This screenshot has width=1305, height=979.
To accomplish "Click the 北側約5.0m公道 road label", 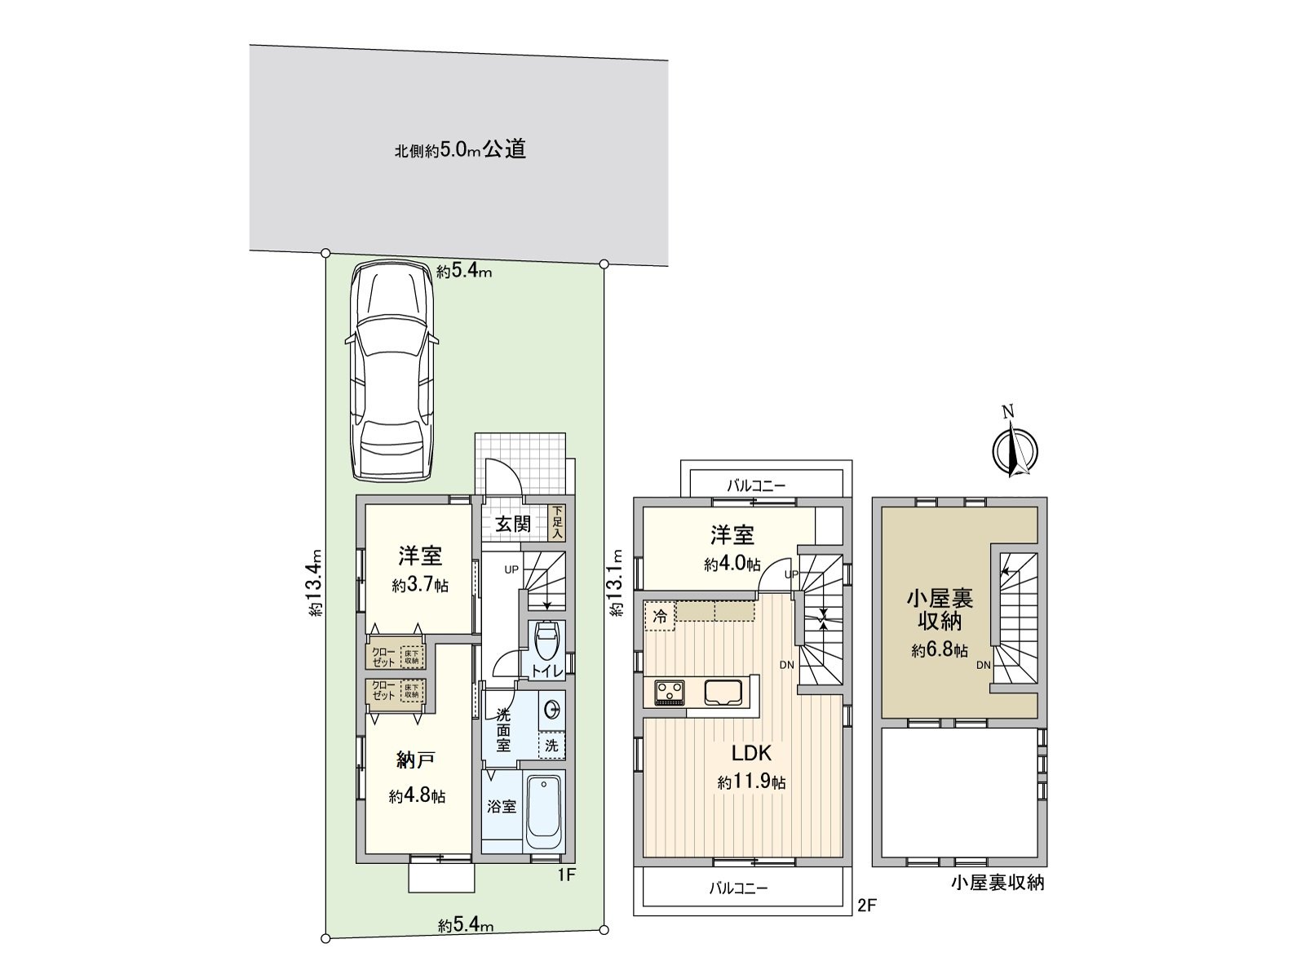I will (x=460, y=150).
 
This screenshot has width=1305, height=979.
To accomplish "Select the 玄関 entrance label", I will (x=513, y=524).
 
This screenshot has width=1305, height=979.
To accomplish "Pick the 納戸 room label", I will (x=415, y=760).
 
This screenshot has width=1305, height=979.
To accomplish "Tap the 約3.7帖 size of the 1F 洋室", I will (x=420, y=586).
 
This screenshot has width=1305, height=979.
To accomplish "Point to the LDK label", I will (x=750, y=753).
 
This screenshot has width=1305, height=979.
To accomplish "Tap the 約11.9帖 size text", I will (x=751, y=782).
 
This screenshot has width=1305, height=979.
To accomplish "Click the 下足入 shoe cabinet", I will (x=557, y=523).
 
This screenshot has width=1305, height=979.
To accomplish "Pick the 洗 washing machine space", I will (x=552, y=745).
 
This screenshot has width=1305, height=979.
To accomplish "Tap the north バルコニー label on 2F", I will (x=756, y=485).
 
